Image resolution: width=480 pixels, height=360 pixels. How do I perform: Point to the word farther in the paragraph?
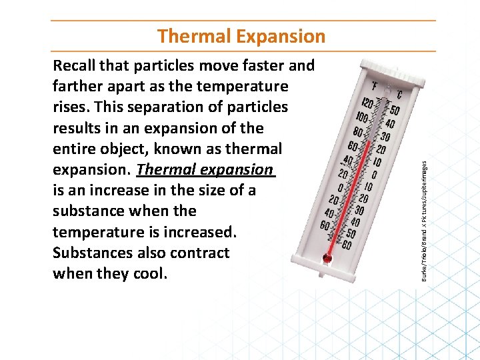[x=76, y=86]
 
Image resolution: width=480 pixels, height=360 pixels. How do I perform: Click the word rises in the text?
[x=69, y=107]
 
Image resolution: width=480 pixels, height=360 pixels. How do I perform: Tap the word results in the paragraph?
[x=77, y=127]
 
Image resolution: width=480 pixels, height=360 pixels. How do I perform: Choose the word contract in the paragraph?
[x=197, y=253]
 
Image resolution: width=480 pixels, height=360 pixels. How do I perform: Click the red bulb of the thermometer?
[x=327, y=257]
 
